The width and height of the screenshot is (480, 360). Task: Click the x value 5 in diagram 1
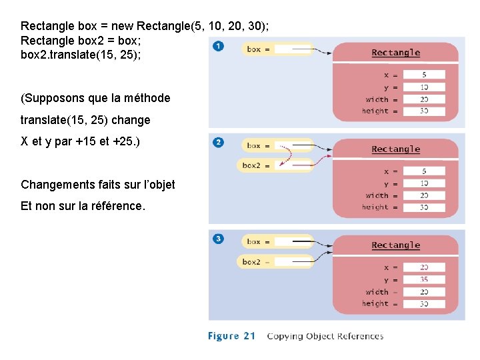click(424, 75)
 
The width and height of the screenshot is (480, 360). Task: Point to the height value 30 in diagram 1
click(424, 111)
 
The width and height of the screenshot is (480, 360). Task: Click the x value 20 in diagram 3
click(424, 267)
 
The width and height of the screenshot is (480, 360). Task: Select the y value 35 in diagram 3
click(424, 280)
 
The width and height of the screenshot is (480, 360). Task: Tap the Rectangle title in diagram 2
click(395, 149)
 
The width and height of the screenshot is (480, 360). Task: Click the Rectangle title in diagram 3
click(395, 245)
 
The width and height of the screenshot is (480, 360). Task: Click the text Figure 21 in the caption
click(232, 336)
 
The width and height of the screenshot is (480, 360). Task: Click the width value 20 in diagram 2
click(424, 196)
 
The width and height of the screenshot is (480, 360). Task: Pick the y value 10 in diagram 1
click(424, 87)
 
